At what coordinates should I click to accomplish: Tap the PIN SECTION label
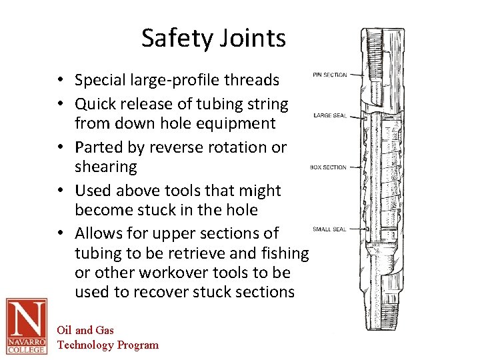[329, 75]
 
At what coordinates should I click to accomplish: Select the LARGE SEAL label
[330, 116]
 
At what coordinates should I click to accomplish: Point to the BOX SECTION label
[328, 167]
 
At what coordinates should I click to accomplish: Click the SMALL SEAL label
[329, 229]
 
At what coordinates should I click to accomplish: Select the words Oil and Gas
[85, 330]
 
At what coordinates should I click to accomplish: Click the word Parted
[97, 147]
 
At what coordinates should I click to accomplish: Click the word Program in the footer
[138, 345]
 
